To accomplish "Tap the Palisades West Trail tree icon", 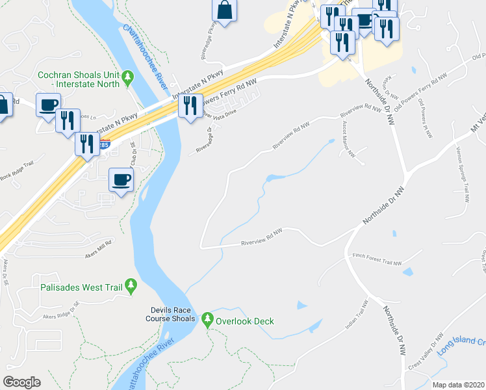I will click(x=131, y=285).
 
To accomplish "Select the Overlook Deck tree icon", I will click(x=208, y=320).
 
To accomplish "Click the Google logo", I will click(x=21, y=382).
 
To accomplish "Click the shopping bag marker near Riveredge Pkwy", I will click(x=224, y=11).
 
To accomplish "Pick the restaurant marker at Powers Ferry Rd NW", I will click(x=190, y=106).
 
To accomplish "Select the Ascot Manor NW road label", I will click(x=345, y=139).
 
